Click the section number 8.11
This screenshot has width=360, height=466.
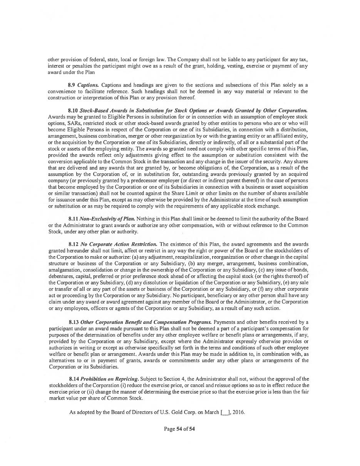click(73, 219)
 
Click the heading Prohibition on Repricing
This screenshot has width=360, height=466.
click(110, 379)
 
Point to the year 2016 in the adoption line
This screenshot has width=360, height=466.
click(238, 412)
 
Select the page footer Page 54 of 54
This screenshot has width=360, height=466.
click(179, 429)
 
